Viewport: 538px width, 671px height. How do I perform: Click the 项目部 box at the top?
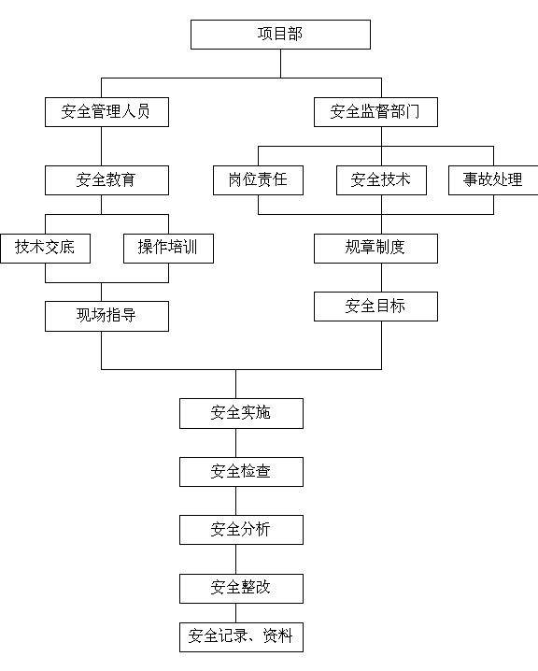280,35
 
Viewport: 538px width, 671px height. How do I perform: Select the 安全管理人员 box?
106,112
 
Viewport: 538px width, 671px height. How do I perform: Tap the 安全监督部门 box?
375,112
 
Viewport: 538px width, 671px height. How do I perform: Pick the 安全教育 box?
106,180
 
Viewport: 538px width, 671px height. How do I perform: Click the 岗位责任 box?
259,180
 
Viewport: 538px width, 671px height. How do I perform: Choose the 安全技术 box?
381,180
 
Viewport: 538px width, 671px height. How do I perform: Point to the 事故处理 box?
493,180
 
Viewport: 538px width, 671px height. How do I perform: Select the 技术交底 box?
46,249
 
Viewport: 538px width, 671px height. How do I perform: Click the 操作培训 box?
168,249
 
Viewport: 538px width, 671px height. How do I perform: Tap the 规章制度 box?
375,249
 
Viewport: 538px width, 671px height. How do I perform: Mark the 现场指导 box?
106,316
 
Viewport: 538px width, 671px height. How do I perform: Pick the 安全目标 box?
375,307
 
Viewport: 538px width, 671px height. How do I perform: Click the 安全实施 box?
241,413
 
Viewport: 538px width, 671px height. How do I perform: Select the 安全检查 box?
241,472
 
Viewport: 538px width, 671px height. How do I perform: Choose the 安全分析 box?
241,530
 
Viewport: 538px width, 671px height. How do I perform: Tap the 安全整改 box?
241,589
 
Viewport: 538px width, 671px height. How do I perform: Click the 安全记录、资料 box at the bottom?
241,637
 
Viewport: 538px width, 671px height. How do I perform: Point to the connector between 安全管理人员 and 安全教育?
102,147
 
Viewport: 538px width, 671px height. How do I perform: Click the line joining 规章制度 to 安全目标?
381,278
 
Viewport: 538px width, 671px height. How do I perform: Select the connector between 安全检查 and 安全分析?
235,501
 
